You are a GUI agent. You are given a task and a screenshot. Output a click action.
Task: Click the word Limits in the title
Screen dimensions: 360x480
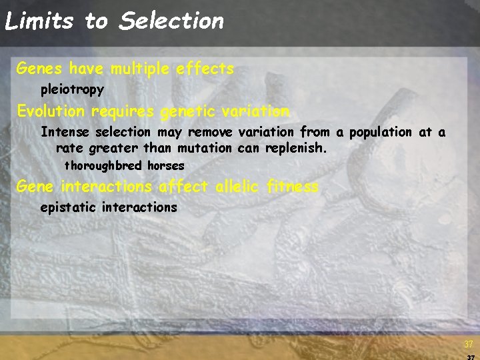coord(38,21)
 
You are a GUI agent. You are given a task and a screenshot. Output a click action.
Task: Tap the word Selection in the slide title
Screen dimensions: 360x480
coord(171,21)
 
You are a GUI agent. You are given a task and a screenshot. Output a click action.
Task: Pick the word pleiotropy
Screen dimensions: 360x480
coord(72,89)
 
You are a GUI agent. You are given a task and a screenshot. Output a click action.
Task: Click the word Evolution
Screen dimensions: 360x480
coord(51,111)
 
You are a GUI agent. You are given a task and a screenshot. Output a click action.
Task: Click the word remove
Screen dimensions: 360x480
coord(210,132)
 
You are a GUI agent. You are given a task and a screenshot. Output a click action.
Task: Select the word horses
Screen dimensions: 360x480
coord(165,165)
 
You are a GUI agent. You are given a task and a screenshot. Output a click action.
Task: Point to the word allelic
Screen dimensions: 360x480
coord(238,187)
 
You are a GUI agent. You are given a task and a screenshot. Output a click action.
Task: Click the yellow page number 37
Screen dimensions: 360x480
coord(469,345)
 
